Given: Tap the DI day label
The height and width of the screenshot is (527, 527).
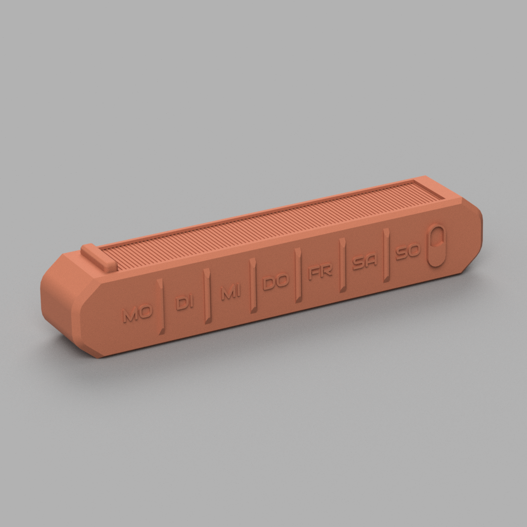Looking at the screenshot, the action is [185, 302].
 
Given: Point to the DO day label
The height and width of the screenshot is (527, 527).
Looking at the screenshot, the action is [275, 282].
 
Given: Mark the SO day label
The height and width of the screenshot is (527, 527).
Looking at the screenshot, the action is [407, 251].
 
